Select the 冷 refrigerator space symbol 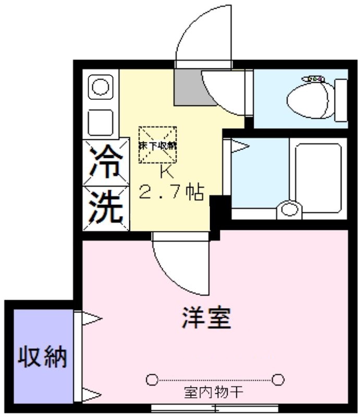coord(106,162)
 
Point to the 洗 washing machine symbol coord(106,206)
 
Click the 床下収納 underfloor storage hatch coord(157,144)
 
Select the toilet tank coord(341,99)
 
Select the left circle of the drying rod coord(152,379)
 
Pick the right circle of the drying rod coord(279,379)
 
